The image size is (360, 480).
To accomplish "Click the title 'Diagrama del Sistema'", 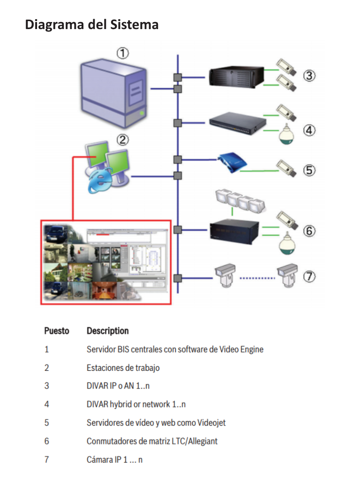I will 91,24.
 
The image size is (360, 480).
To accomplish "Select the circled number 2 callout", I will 123,139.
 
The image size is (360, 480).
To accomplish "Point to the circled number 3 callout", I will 308,75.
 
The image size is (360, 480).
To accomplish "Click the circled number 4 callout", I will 308,130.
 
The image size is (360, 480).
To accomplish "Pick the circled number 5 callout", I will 308,169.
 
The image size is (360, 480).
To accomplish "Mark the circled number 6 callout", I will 308,231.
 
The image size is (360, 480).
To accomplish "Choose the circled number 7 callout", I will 308,277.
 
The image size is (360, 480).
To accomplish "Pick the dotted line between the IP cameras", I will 257,278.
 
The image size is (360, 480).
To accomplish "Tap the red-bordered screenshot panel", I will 106,262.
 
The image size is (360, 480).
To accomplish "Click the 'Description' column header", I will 107,331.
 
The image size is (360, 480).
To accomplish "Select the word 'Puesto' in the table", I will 56,331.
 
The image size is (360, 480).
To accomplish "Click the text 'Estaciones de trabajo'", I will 123,367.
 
